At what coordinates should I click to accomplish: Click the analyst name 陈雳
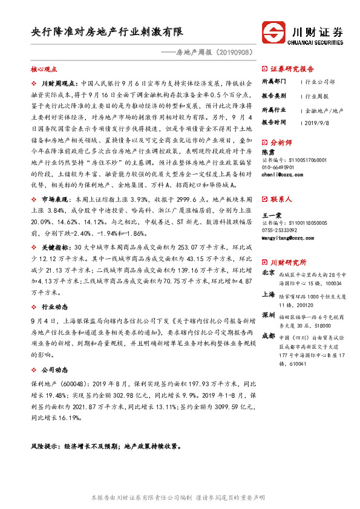pyautogui.click(x=267, y=153)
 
